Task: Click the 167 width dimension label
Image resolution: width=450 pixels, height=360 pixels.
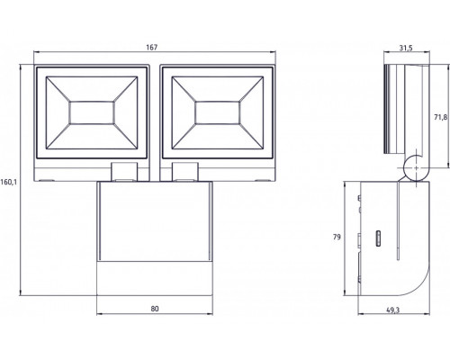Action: tap(152, 47)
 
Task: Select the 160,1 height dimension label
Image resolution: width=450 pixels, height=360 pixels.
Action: tap(9, 182)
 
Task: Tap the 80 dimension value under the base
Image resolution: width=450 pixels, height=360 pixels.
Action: tap(155, 309)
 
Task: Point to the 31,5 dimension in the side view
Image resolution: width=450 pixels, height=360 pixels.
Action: tap(406, 48)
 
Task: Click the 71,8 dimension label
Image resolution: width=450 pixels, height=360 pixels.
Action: tap(441, 117)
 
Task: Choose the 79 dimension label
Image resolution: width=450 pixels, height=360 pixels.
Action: tap(337, 237)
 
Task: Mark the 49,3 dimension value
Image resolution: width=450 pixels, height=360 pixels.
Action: tap(392, 310)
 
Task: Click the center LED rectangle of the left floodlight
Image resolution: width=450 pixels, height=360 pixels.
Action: tap(92, 112)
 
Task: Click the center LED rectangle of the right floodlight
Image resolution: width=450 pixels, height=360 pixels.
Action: tap(218, 112)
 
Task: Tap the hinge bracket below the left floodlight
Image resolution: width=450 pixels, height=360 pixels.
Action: tap(124, 172)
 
